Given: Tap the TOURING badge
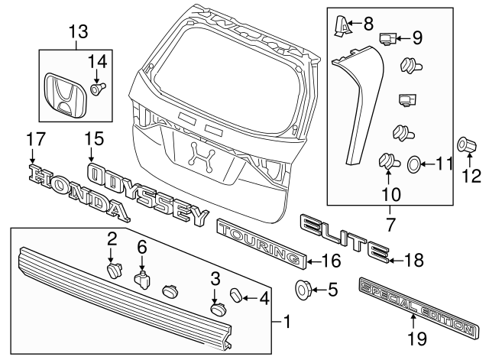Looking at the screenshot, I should coord(260,243).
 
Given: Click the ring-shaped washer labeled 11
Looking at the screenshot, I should coord(413,164).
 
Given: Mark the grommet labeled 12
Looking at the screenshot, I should coord(465,145).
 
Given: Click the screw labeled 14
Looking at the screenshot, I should coord(97,89).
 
